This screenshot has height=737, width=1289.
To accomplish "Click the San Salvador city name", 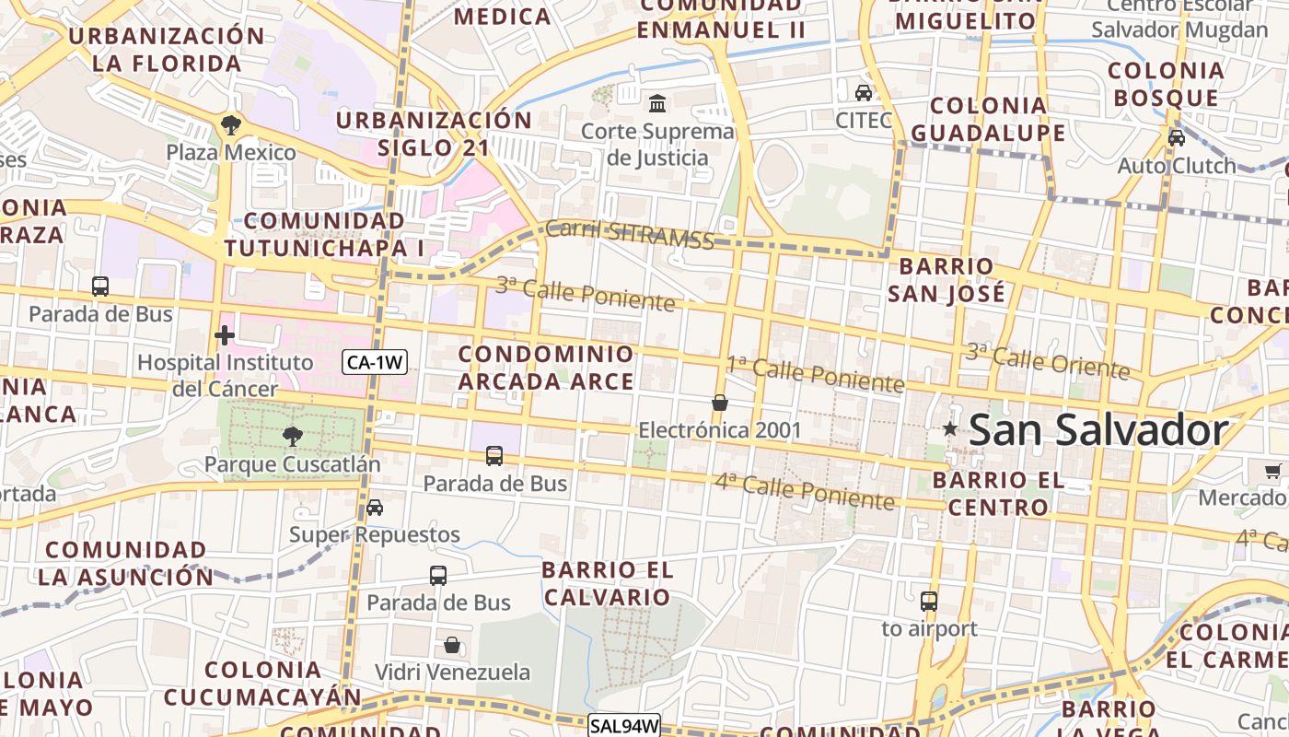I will point(1098,430).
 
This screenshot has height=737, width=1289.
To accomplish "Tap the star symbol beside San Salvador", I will point(949,429).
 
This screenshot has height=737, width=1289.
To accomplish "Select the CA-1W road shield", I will point(375,362).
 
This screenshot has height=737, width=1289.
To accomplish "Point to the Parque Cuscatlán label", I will point(292,463).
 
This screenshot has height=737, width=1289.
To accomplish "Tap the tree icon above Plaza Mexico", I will point(230,124).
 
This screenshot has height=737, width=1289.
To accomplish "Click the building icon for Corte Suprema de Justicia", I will point(657,103).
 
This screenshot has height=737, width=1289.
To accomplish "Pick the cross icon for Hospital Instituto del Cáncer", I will point(224,334).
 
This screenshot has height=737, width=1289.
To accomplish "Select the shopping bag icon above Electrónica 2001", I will point(720,403).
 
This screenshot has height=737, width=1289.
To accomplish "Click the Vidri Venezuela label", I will point(452,672).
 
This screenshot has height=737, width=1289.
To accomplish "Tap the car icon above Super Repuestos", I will point(375,507).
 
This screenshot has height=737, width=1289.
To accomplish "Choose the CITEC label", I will point(864,120).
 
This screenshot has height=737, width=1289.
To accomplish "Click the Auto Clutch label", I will point(1177,166).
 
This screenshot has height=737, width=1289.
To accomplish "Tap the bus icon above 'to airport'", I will point(929,602).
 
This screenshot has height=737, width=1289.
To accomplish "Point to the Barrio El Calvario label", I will point(608,583).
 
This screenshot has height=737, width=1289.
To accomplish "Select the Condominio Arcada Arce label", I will point(547,368).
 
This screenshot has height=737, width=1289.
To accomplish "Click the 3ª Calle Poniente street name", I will point(586,293).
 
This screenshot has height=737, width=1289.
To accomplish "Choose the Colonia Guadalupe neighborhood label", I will point(988,119).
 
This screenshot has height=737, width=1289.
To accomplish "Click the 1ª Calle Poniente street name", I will point(816,373).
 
